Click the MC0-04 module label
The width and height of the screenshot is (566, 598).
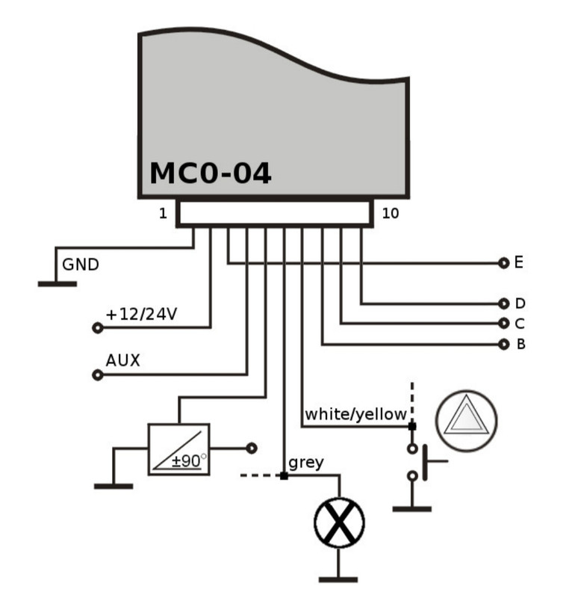pos(211,173)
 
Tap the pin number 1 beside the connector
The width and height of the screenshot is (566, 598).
pos(163,213)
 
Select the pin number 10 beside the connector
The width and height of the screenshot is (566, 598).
pos(391,213)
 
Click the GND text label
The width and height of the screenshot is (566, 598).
pos(81,265)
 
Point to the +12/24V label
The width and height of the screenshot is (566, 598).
pos(141,314)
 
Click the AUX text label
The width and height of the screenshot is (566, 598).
pos(122,360)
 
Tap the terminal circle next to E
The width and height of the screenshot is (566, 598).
pos(503,263)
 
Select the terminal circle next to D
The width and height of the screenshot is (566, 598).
pos(503,303)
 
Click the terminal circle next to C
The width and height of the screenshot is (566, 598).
pos(503,324)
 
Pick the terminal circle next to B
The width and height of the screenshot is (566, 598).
pos(503,344)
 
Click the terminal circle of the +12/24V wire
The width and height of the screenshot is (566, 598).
pos(98,327)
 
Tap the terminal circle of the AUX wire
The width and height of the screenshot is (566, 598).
pos(98,375)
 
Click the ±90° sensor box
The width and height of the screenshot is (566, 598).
pos(178,449)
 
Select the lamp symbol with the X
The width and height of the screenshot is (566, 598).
pos(339,523)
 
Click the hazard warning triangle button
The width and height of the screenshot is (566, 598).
pos(467,421)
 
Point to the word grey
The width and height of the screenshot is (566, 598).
pos(306,463)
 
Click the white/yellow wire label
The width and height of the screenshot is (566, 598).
pos(355,415)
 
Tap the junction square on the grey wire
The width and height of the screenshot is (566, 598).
pos(284,475)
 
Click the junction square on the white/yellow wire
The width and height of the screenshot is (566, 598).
pos(412,426)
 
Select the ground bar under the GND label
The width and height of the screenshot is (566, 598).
pos(57,284)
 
